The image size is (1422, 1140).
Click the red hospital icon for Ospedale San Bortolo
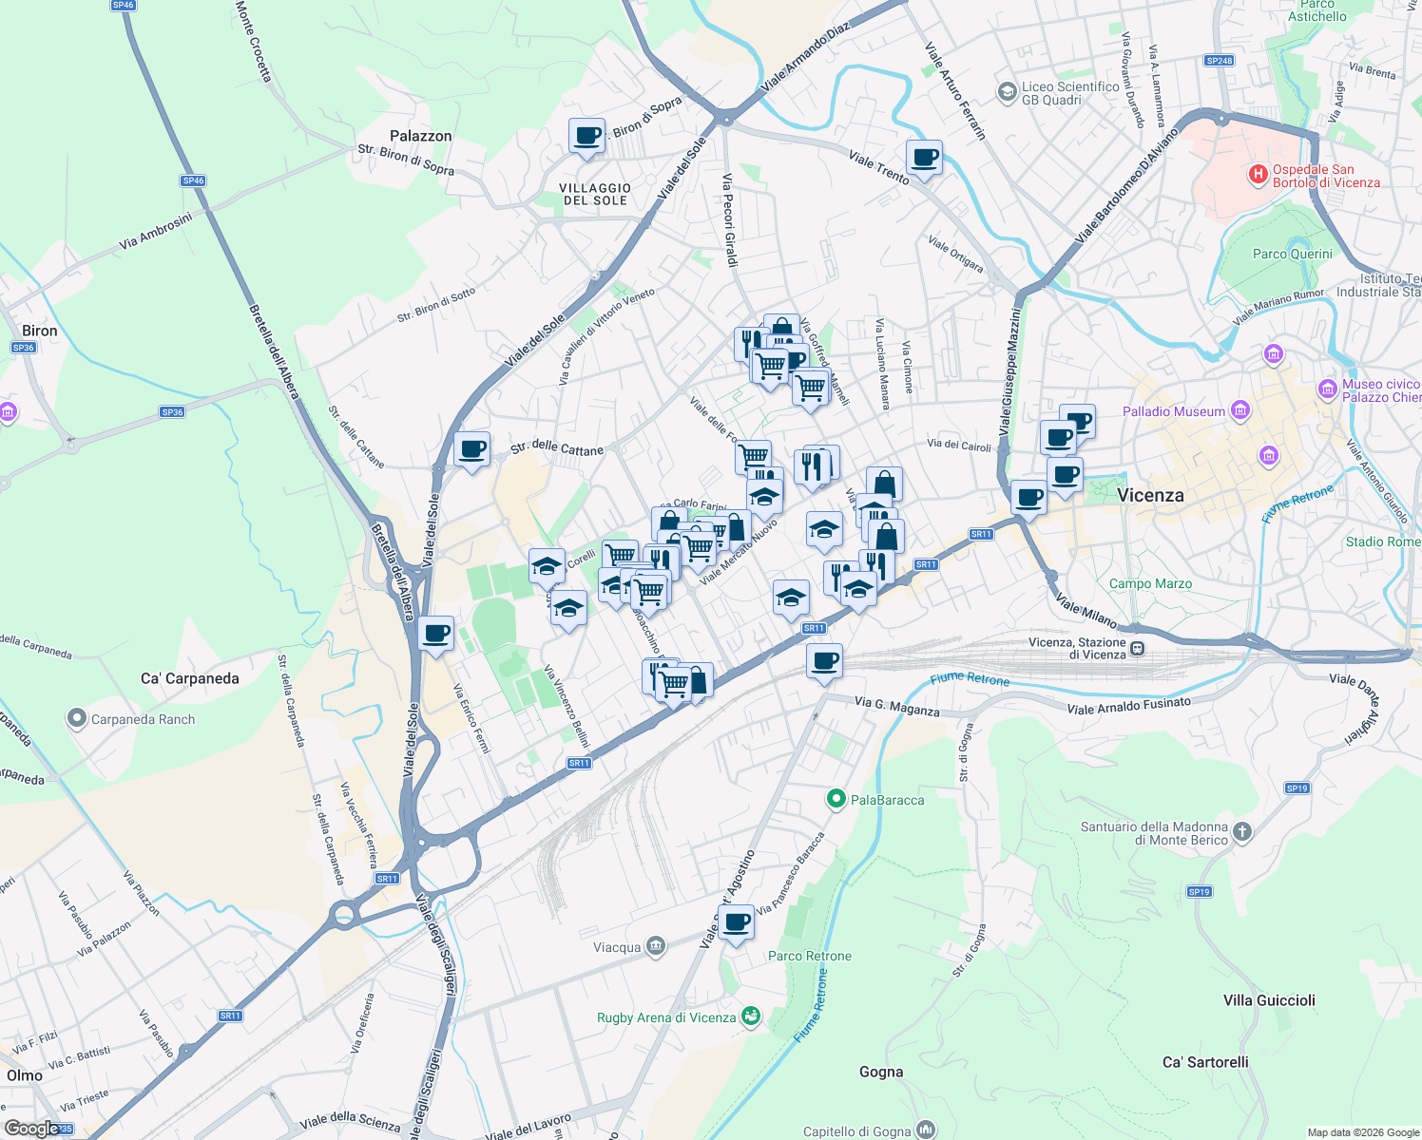[1258, 175]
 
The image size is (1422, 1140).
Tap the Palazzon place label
[420, 136]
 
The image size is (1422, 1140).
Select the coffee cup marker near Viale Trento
[924, 158]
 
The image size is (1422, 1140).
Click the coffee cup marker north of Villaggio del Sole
[586, 135]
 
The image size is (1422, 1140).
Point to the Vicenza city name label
[1150, 495]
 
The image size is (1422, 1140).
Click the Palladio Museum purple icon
[1239, 411]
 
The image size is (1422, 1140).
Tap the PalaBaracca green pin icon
[836, 799]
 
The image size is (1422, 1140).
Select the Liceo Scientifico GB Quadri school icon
[1007, 92]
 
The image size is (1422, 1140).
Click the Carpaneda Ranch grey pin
[77, 719]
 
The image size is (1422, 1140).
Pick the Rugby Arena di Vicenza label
[666, 1017]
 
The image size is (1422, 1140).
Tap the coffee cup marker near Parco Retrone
[736, 922]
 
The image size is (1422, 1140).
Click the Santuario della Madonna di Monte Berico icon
[1241, 833]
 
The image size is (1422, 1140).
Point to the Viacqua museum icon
[655, 946]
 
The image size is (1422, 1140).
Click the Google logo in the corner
[31, 1129]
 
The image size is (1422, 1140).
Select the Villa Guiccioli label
[1269, 1000]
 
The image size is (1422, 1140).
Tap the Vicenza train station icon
[1137, 649]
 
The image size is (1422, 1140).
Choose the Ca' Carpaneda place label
[190, 678]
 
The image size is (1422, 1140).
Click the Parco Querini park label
[1293, 254]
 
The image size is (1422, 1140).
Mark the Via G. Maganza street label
[896, 706]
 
